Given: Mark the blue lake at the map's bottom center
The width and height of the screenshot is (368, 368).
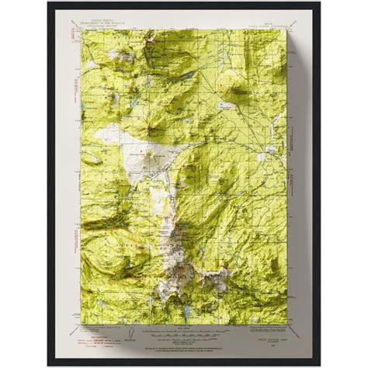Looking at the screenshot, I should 189,291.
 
